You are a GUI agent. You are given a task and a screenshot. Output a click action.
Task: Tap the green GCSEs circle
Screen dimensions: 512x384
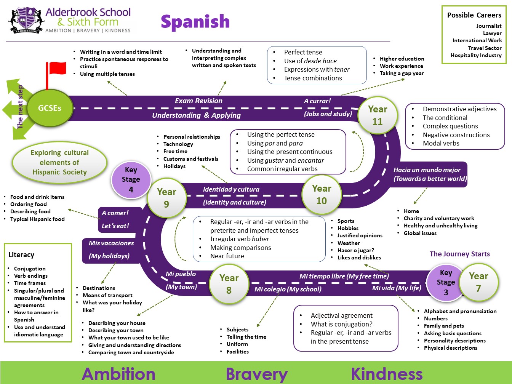[50, 108]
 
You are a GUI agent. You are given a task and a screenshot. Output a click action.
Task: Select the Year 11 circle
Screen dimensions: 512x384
[378, 115]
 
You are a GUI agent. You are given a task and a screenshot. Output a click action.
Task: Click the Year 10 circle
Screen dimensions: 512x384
[322, 194]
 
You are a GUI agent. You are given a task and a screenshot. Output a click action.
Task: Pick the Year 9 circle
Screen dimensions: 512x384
[166, 198]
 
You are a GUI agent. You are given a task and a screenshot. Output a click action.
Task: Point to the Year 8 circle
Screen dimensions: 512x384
[229, 284]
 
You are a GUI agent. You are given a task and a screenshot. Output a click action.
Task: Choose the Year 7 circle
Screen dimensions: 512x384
[478, 282]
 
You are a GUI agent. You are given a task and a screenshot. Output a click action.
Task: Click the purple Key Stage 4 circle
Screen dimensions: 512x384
[131, 179]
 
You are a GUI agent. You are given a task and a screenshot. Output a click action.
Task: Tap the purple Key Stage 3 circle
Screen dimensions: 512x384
[445, 282]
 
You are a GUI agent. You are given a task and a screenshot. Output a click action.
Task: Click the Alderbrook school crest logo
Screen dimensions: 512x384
[26, 21]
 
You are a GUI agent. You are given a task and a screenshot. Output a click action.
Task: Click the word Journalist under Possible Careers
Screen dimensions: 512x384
[489, 26]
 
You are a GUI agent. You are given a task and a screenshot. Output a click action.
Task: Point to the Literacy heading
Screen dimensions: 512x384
[21, 255]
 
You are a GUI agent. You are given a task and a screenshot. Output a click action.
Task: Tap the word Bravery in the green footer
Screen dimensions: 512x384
[257, 374]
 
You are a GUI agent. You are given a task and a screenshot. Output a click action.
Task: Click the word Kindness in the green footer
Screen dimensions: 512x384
[387, 373]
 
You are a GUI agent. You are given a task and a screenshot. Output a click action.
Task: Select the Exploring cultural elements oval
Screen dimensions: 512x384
[59, 162]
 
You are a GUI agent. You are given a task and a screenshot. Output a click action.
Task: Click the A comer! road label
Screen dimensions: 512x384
[115, 213]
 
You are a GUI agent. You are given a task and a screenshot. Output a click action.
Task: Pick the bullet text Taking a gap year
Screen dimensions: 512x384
[402, 73]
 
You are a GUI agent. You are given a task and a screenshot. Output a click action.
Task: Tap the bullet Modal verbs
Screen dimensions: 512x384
[441, 143]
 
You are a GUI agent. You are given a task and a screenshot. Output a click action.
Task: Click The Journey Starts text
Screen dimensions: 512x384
[459, 254]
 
